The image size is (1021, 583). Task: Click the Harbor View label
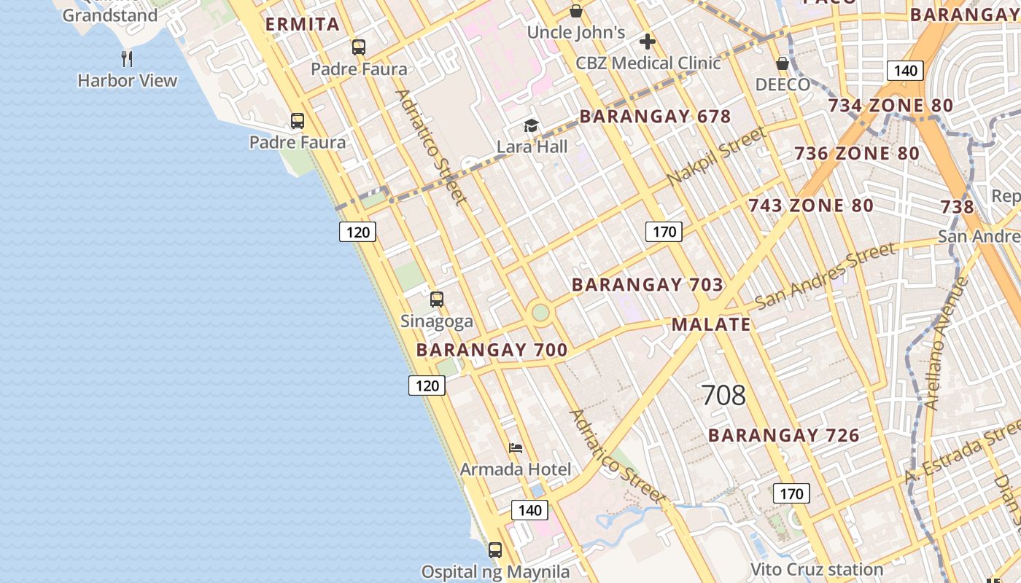(x=128, y=80)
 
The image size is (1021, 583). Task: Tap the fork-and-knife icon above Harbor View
(x=127, y=58)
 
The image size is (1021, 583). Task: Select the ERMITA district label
(x=303, y=24)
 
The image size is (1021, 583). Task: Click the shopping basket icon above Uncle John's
(x=576, y=11)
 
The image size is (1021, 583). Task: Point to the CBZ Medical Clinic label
(x=648, y=63)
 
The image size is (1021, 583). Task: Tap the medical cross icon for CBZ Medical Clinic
(x=647, y=42)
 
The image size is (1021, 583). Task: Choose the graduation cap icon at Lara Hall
(x=532, y=126)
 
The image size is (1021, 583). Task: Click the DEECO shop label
(x=783, y=85)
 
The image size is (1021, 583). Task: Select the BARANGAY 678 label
(x=655, y=117)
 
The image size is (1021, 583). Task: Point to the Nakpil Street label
(x=716, y=155)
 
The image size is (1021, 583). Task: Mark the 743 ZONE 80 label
(x=811, y=206)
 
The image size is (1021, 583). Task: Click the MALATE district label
(x=711, y=324)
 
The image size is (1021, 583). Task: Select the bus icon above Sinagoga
(x=437, y=299)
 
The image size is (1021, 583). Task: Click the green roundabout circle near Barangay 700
(x=540, y=313)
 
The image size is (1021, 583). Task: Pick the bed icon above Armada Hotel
(x=516, y=448)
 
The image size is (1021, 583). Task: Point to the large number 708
(x=723, y=395)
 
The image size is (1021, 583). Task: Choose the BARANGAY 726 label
(x=784, y=436)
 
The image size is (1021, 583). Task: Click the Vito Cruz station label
(x=817, y=569)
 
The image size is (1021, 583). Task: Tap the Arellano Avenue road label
(x=945, y=343)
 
